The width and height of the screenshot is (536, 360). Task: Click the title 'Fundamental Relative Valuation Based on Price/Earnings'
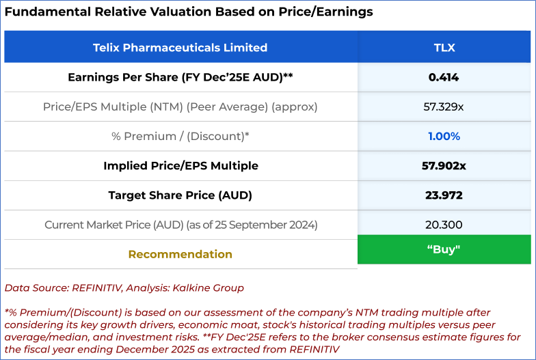tap(189, 12)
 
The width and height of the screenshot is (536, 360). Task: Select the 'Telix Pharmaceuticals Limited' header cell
tap(180, 48)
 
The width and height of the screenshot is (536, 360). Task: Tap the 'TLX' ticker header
tap(444, 48)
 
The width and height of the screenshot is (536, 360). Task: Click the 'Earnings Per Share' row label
tap(180, 77)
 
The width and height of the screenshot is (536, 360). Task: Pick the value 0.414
tap(444, 77)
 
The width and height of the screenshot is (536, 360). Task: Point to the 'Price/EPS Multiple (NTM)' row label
tap(180, 107)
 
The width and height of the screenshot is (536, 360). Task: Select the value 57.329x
tap(444, 107)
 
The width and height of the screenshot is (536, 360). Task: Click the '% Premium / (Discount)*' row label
tap(180, 136)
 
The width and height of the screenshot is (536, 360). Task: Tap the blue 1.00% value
tap(444, 136)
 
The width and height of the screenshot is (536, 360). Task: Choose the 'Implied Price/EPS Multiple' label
tap(180, 165)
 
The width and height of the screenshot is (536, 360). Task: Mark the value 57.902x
tap(444, 165)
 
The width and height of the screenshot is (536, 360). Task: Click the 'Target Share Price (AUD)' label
tap(180, 195)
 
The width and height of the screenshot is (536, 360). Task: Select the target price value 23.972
tap(444, 195)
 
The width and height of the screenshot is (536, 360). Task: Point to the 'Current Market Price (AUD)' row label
tap(180, 225)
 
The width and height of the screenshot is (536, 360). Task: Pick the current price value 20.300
tap(444, 225)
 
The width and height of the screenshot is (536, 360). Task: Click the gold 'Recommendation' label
tap(180, 254)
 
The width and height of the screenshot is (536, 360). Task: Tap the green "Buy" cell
tap(444, 249)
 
